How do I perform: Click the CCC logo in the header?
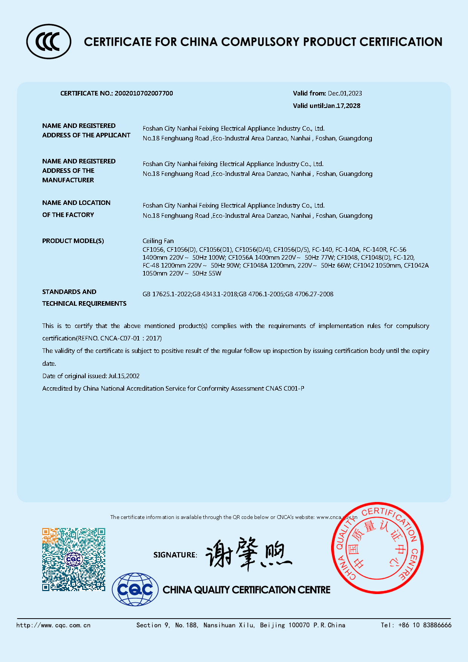49,42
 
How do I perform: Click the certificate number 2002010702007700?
144,93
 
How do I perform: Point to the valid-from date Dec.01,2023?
345,93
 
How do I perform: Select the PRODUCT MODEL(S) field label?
73,241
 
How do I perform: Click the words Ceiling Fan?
158,241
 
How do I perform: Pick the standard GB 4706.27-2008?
309,294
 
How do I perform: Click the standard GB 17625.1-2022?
167,294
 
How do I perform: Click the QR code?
74,559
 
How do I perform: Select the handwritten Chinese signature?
249,554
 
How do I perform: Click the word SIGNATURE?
175,555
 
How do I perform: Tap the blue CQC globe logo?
135,589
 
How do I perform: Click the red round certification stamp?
377,548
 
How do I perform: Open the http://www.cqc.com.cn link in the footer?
54,625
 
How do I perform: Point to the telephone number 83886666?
437,625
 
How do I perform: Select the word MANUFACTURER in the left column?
68,180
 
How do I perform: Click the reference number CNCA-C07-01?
120,338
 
